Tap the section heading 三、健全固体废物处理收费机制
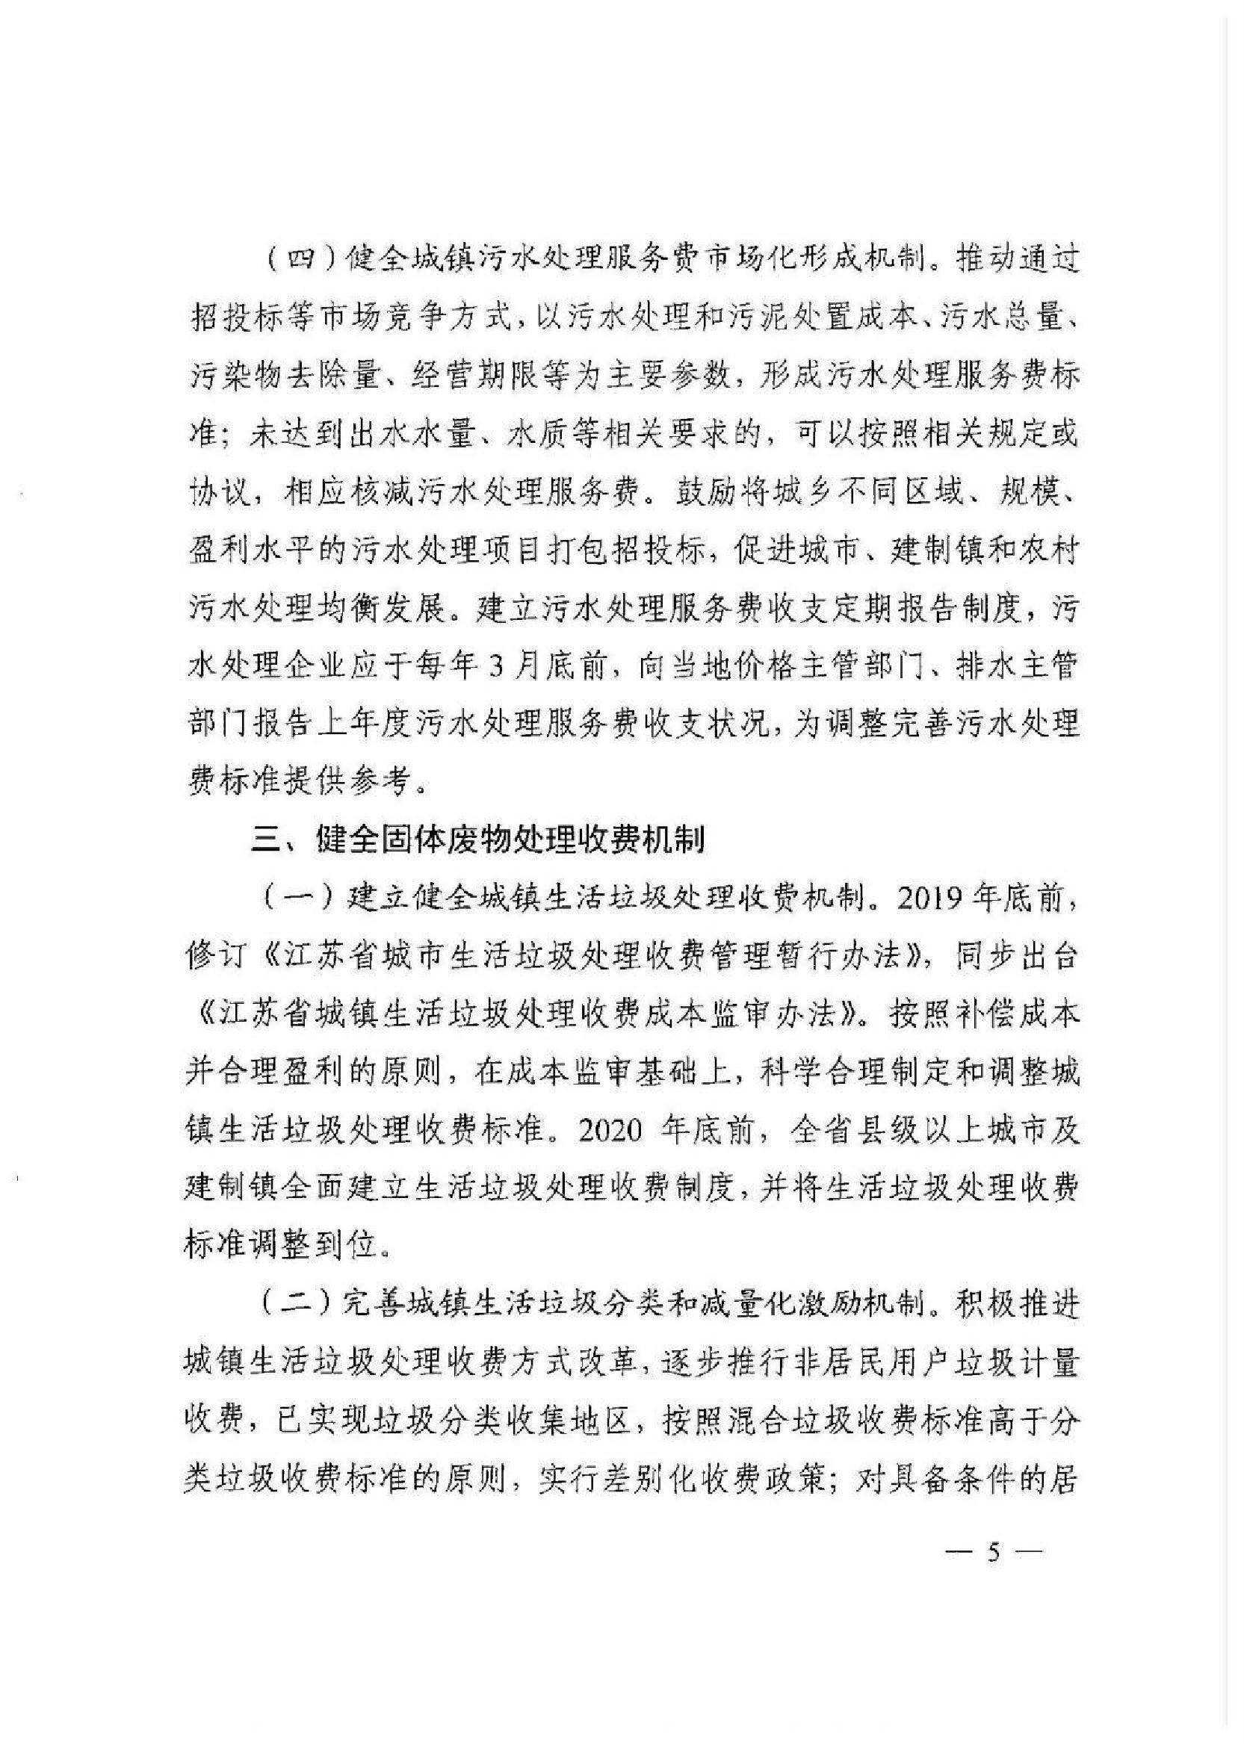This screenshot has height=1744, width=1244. pyautogui.click(x=479, y=841)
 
